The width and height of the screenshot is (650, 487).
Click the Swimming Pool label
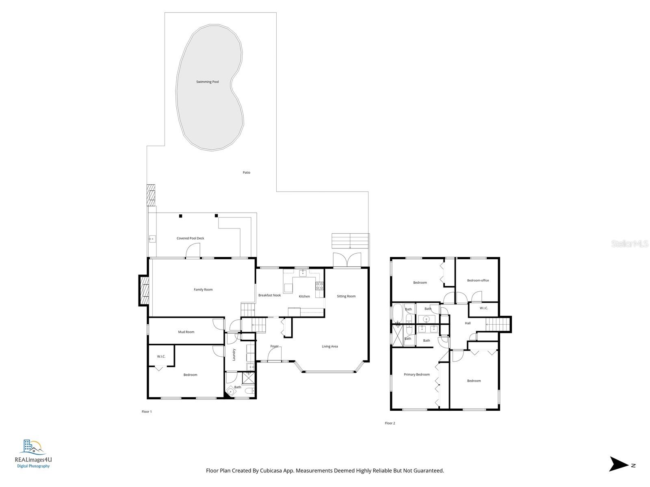pyautogui.click(x=207, y=82)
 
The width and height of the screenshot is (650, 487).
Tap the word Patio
pyautogui.click(x=246, y=172)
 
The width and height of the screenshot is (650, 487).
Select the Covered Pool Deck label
pyautogui.click(x=190, y=238)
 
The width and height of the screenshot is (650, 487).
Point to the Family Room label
pyautogui.click(x=203, y=289)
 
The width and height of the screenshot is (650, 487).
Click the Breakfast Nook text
pyautogui.click(x=269, y=295)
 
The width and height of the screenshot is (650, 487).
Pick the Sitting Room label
pyautogui.click(x=346, y=296)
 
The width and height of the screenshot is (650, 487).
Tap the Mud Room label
pyautogui.click(x=186, y=332)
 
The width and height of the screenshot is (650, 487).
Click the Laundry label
pyautogui.click(x=234, y=355)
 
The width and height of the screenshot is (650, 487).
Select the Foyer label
pyautogui.click(x=274, y=346)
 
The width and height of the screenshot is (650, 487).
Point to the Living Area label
pyautogui.click(x=329, y=346)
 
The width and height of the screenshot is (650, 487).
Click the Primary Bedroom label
pyautogui.click(x=417, y=374)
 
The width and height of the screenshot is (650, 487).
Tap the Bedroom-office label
pyautogui.click(x=478, y=280)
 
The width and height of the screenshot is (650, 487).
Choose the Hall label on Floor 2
pyautogui.click(x=468, y=323)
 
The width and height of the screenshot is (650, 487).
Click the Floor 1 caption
pyautogui.click(x=147, y=412)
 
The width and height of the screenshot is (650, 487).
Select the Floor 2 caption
pyautogui.click(x=390, y=423)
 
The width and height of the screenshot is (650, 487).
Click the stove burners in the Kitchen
pyautogui.click(x=319, y=286)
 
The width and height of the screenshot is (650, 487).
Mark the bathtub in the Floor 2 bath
pyautogui.click(x=397, y=313)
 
